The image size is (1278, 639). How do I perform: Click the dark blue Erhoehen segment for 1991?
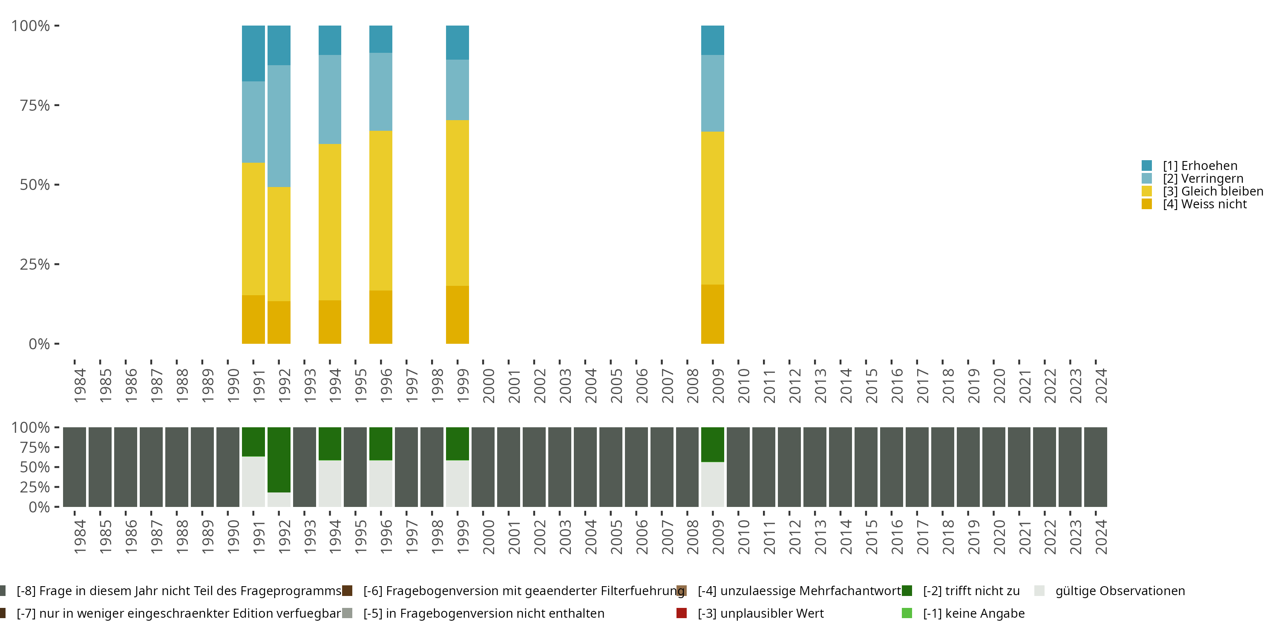tap(253, 53)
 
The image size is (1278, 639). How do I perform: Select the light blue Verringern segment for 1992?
tap(279, 126)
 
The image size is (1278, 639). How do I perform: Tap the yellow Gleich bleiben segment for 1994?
tap(330, 222)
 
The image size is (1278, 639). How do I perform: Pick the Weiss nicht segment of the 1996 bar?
tap(380, 317)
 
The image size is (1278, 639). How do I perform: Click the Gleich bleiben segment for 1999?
tap(458, 203)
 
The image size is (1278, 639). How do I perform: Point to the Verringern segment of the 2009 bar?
tap(712, 93)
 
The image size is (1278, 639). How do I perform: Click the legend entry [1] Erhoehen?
tap(1200, 166)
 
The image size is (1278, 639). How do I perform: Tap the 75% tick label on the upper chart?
tap(35, 105)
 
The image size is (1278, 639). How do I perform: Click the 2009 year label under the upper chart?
tap(718, 386)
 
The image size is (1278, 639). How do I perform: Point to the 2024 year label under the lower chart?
tap(1100, 537)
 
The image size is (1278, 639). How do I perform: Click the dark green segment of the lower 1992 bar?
tap(279, 459)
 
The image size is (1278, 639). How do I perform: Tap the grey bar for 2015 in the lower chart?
tap(866, 467)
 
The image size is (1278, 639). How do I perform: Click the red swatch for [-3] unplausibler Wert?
tap(682, 613)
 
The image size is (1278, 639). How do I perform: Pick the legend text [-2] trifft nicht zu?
tap(971, 591)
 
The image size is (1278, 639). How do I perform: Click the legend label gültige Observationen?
tap(1120, 591)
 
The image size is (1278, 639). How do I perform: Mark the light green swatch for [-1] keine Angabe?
tap(907, 613)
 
